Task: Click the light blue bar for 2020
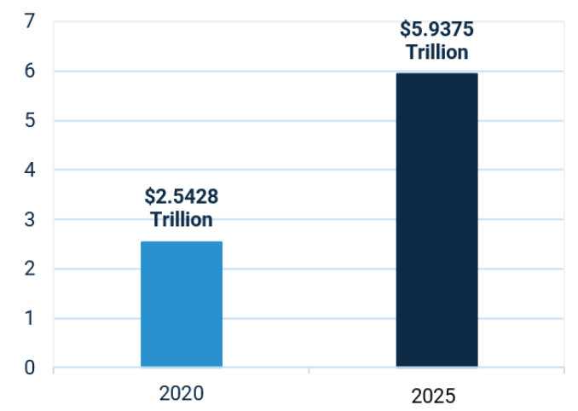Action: pos(182,304)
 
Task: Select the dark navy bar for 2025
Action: pos(436,220)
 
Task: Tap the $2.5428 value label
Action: pos(182,196)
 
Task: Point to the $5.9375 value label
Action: pos(436,29)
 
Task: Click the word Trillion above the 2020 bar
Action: pos(182,219)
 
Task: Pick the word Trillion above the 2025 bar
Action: pos(437,52)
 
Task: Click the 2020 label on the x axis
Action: pos(182,393)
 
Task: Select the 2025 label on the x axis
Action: pos(433,397)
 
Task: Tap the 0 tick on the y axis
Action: pos(30,368)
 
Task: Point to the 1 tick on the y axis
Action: pos(30,318)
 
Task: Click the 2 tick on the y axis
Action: pos(30,269)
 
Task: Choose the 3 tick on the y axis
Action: pos(30,220)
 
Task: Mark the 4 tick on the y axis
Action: pos(30,170)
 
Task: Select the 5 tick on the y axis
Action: pos(30,120)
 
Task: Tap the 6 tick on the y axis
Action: pos(30,71)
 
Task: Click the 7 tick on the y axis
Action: pos(30,21)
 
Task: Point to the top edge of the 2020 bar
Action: pos(182,242)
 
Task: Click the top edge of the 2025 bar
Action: pos(436,73)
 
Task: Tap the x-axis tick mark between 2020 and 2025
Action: pos(309,370)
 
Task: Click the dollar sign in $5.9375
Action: pos(405,29)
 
